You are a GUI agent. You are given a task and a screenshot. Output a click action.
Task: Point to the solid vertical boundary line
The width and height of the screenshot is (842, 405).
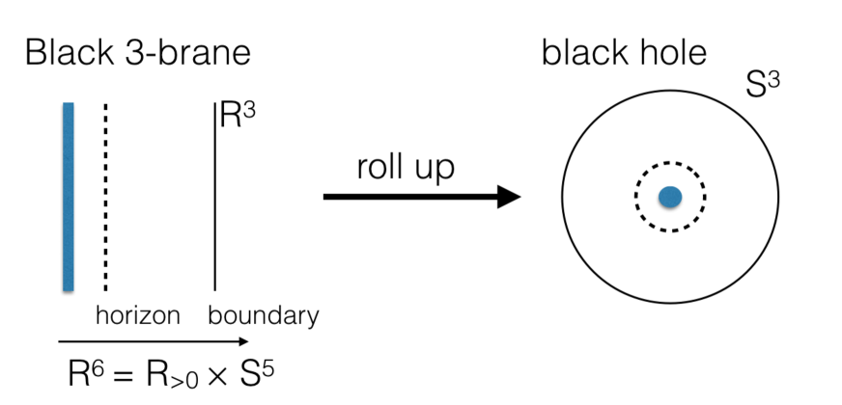[214, 202]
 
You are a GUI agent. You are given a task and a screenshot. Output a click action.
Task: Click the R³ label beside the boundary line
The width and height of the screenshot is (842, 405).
[239, 114]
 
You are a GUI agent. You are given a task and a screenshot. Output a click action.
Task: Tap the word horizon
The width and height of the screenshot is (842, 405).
[138, 315]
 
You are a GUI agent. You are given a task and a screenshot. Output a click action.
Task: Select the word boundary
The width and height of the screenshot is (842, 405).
[264, 315]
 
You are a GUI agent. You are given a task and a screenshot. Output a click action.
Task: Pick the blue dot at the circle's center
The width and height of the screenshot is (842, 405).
[669, 197]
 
